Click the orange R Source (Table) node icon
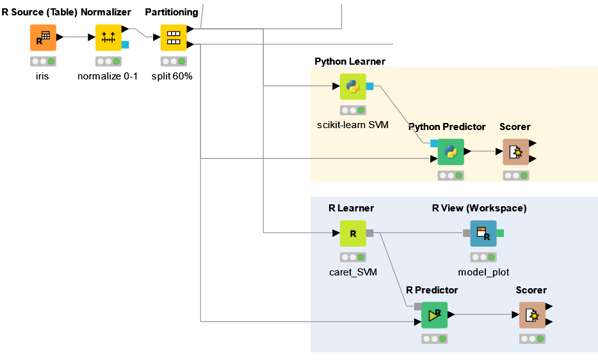click(x=43, y=38)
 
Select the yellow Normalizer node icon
click(x=108, y=38)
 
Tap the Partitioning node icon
click(x=172, y=38)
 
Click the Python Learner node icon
click(x=352, y=86)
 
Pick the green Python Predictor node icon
click(x=451, y=152)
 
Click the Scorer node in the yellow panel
click(x=515, y=152)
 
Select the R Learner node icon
click(x=352, y=233)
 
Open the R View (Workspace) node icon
click(x=483, y=233)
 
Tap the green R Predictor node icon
click(x=434, y=315)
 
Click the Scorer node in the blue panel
click(x=531, y=315)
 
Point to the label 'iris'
click(x=42, y=76)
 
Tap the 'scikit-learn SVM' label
click(x=352, y=124)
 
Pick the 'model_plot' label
click(x=483, y=272)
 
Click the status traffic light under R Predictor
click(x=434, y=339)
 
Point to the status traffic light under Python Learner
click(x=352, y=110)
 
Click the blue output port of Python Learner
click(x=369, y=86)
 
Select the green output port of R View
click(x=500, y=233)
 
